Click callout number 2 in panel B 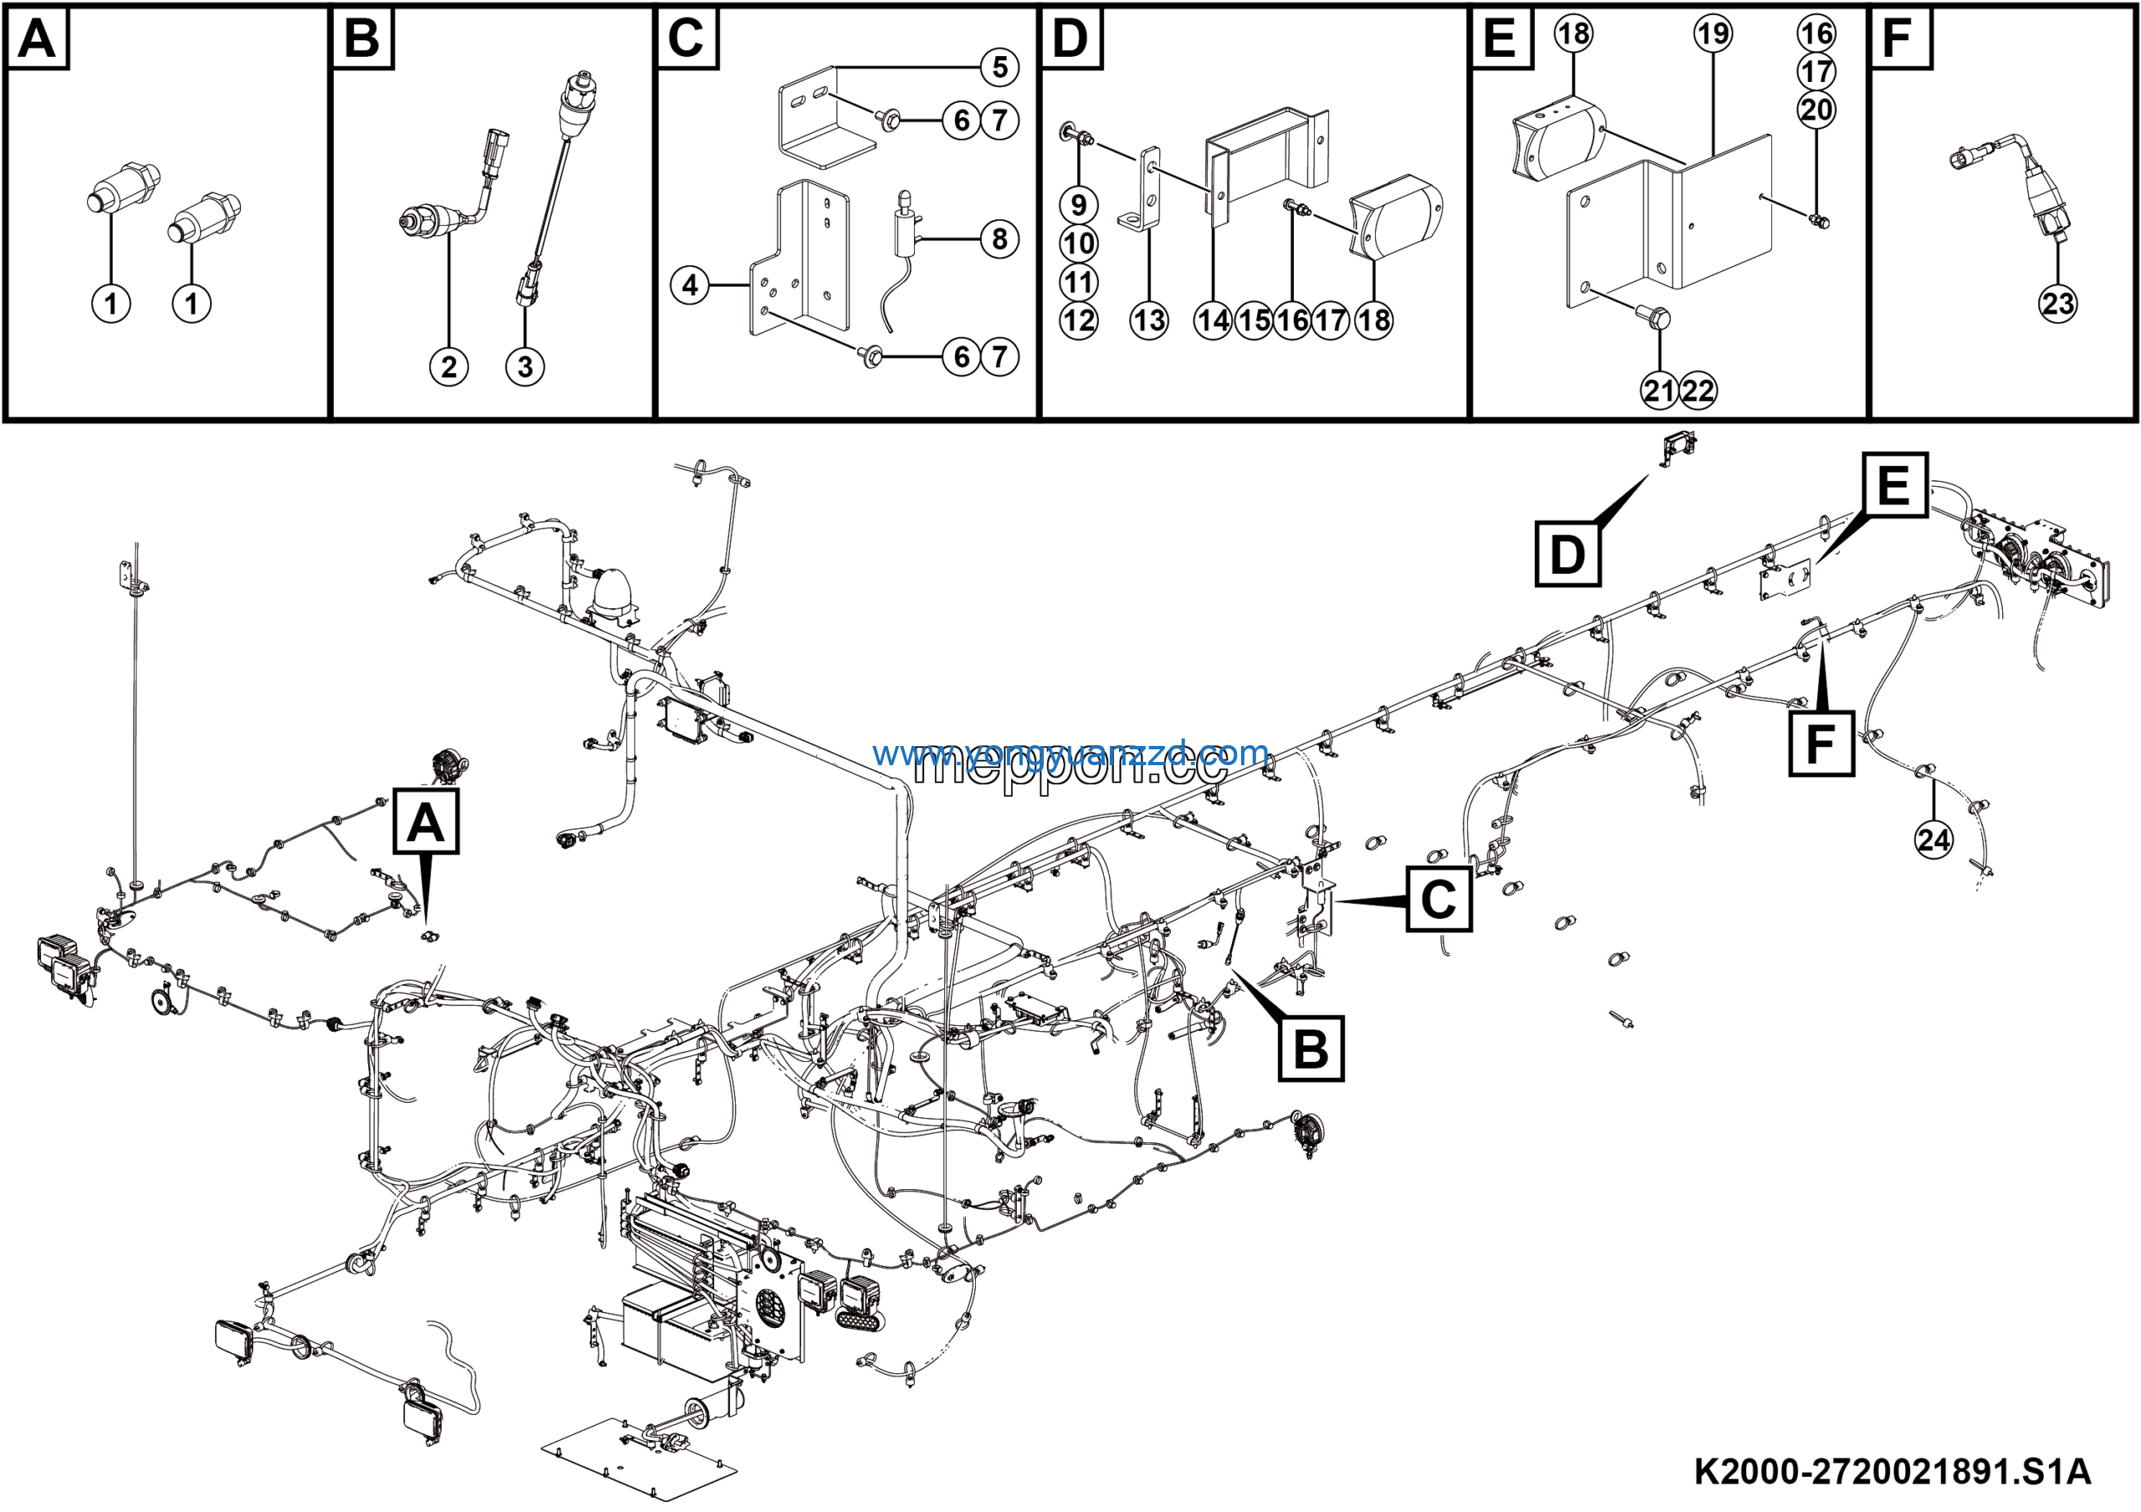tap(448, 366)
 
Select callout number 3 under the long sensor tap(525, 366)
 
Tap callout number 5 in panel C tap(999, 67)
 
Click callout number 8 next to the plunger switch tap(999, 239)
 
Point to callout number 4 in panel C tap(690, 284)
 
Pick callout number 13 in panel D tap(1149, 320)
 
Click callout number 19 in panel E tap(1713, 33)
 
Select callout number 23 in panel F tap(2058, 303)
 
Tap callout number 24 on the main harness tap(1933, 840)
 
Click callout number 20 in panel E tap(1817, 110)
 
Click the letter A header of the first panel tap(38, 39)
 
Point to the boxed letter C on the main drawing tap(1438, 899)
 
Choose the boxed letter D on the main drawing tap(1567, 554)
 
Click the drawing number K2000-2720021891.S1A tap(1892, 1472)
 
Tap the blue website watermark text tap(1070, 753)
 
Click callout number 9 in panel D tap(1079, 205)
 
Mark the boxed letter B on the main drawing tap(1311, 1049)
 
